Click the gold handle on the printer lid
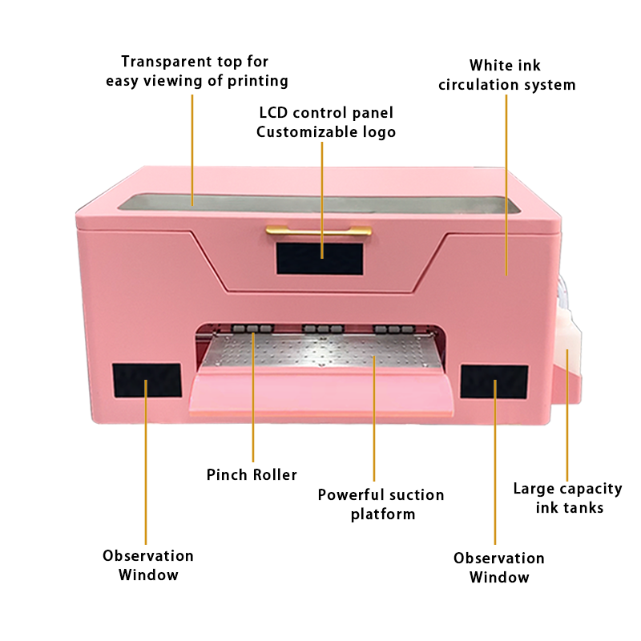click(x=318, y=230)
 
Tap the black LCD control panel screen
click(x=320, y=258)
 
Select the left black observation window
click(x=147, y=380)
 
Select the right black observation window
click(x=494, y=382)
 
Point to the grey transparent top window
click(x=319, y=204)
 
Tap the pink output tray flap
click(x=322, y=392)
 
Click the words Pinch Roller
click(x=252, y=474)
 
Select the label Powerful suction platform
click(x=381, y=505)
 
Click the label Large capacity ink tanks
click(x=568, y=498)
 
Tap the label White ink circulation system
click(x=507, y=75)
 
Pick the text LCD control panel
click(x=326, y=112)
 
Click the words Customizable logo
click(x=326, y=131)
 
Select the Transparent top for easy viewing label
click(x=196, y=71)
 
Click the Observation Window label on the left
click(x=148, y=566)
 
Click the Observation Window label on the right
click(x=499, y=568)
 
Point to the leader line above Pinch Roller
click(x=253, y=397)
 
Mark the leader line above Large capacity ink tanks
click(x=567, y=415)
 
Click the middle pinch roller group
click(x=323, y=329)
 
